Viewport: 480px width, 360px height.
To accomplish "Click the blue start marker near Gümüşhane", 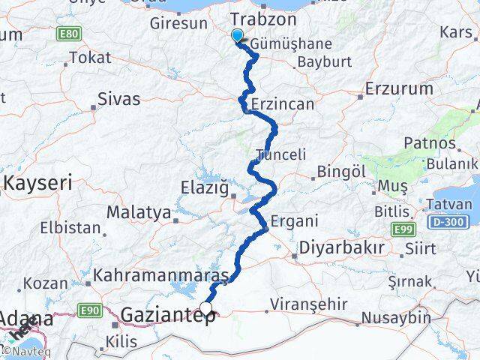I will [238, 35].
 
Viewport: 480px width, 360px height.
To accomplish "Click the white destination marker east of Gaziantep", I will [206, 307].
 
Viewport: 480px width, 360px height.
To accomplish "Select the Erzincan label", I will [283, 103].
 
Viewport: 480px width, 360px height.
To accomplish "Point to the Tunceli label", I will [281, 154].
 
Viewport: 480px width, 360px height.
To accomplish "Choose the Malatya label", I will [138, 212].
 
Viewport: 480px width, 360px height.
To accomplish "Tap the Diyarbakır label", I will [342, 247].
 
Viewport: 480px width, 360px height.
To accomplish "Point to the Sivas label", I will [121, 97].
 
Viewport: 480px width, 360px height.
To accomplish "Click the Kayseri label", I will [37, 182].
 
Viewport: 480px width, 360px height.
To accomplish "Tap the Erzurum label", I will [399, 88].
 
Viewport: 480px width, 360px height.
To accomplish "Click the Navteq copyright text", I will [24, 350].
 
